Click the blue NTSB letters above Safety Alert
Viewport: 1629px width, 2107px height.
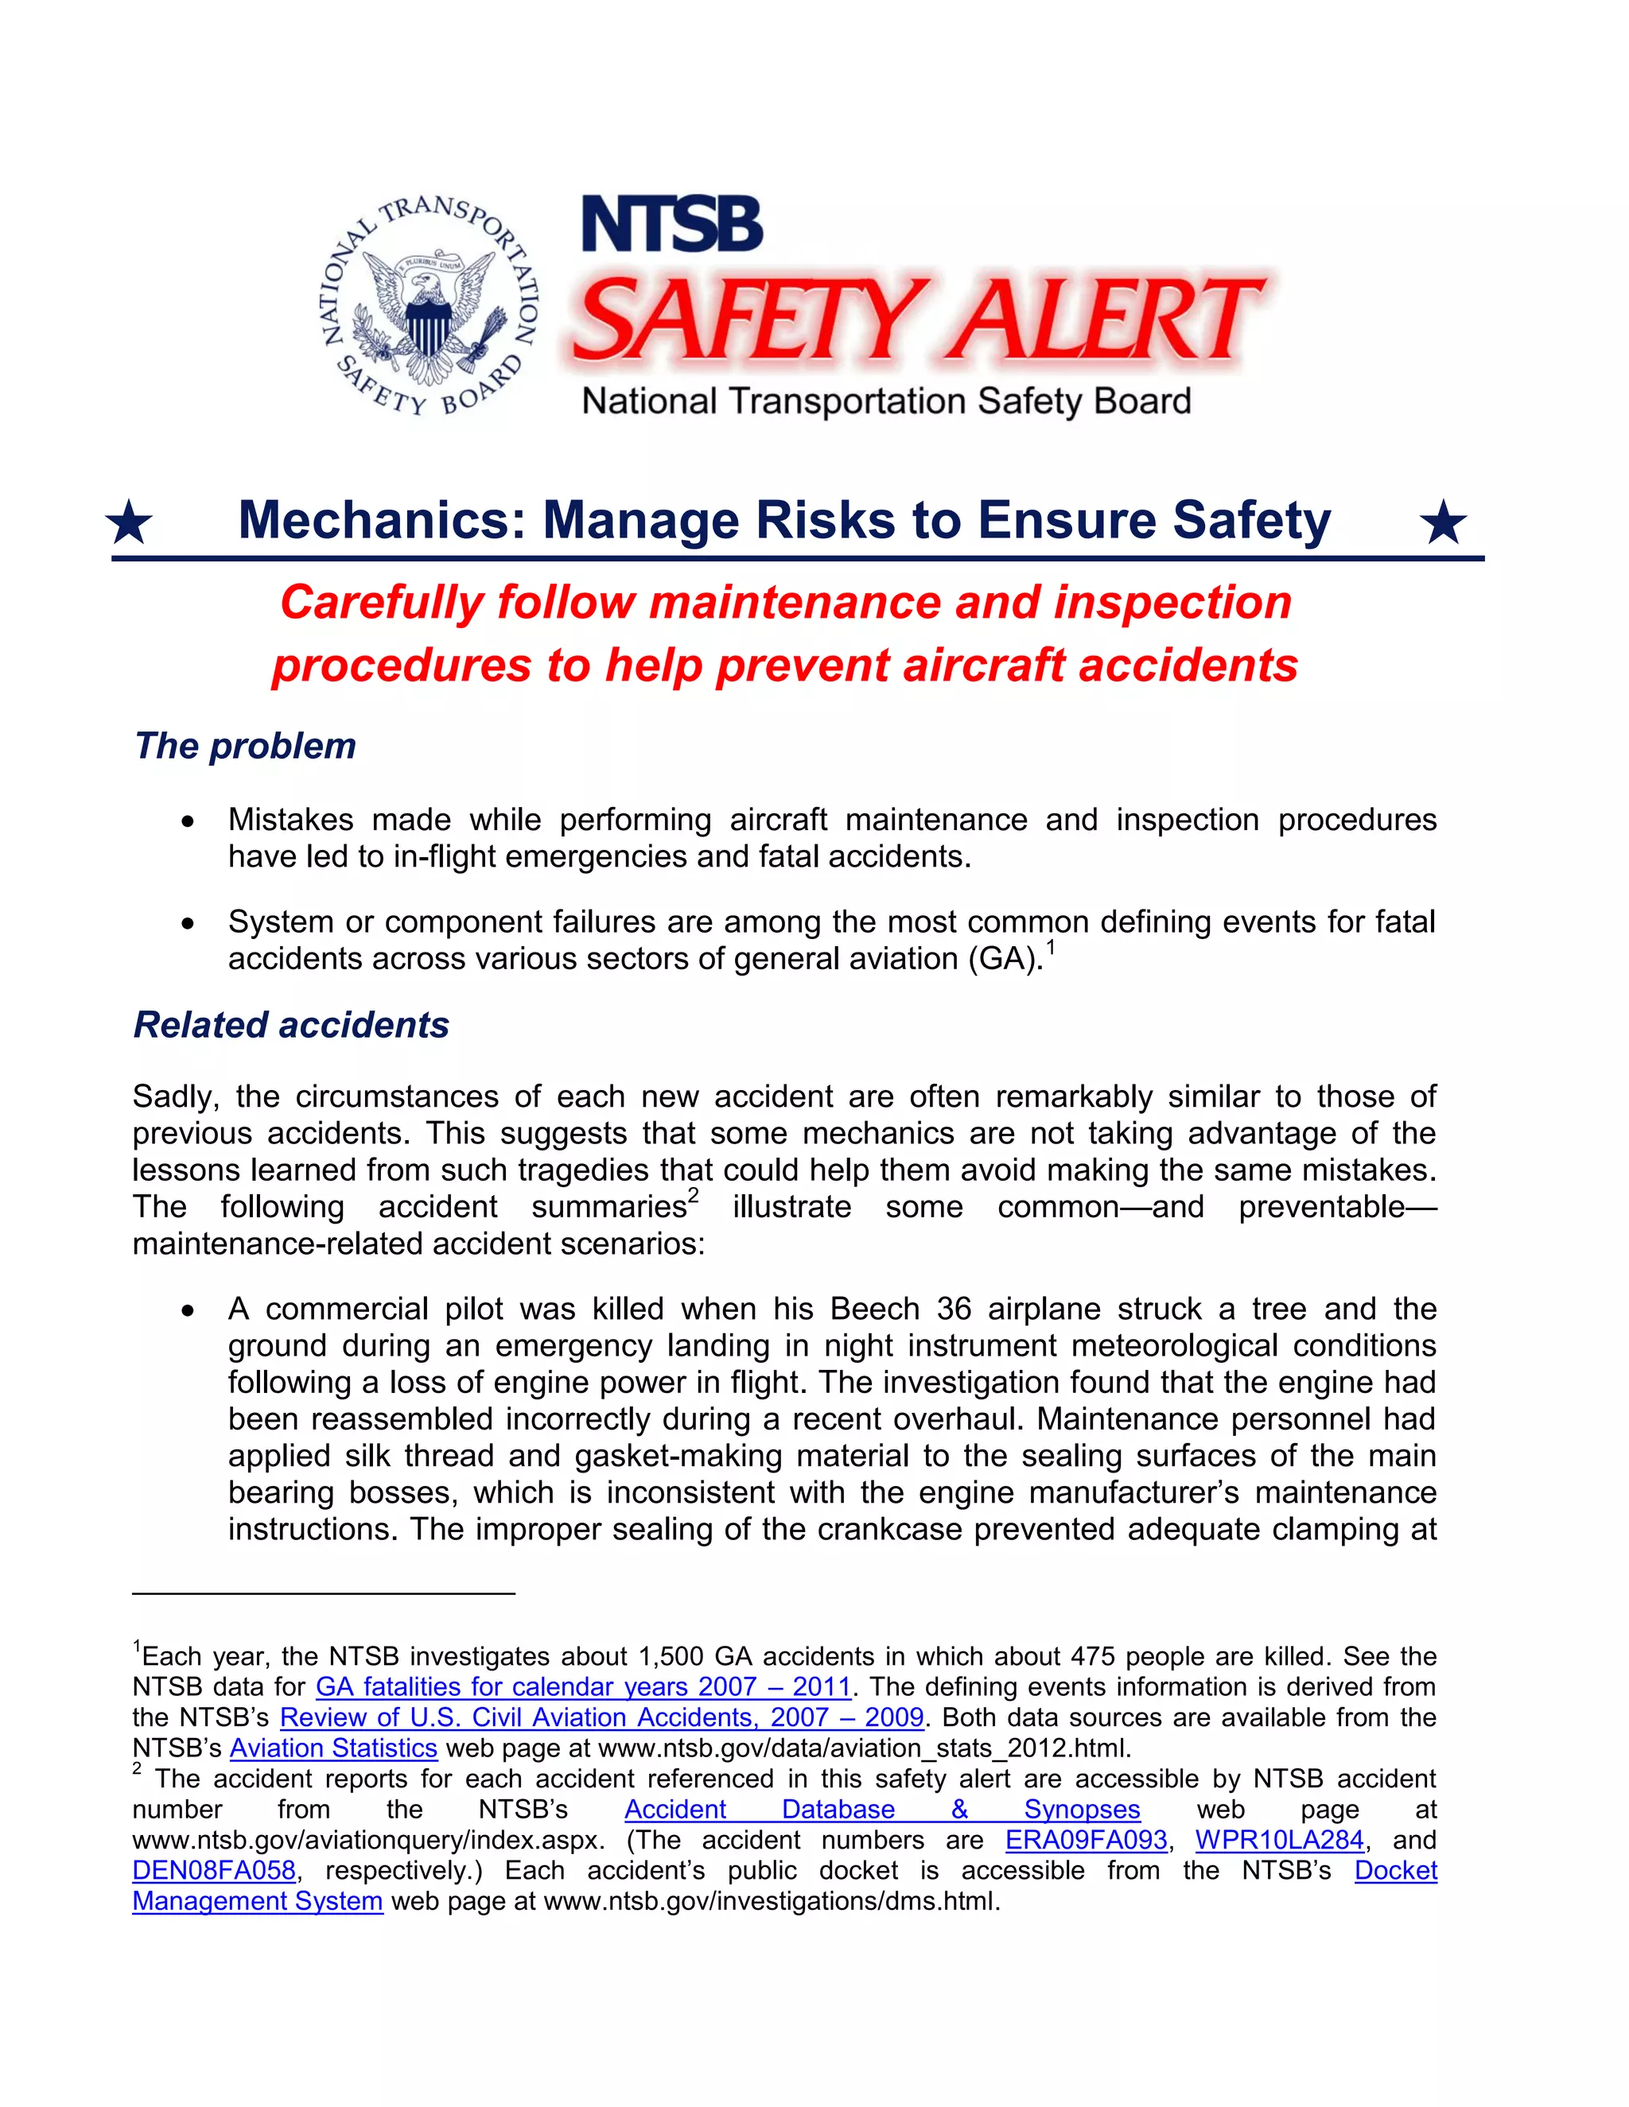pos(671,226)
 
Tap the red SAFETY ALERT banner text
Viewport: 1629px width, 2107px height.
pos(917,318)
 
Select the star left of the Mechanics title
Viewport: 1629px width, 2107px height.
pos(130,523)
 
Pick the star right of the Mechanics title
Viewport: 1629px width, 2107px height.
pos(1444,523)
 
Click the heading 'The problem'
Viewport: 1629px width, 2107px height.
pos(245,746)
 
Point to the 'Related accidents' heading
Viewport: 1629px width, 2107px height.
pos(291,1025)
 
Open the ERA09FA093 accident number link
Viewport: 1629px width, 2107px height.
pos(1086,1840)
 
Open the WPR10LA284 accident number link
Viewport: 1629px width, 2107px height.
pos(1280,1840)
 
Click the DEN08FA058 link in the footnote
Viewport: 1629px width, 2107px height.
pos(214,1871)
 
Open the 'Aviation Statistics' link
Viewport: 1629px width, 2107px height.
pos(334,1748)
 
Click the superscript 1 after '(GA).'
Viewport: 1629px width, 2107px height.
pos(1051,949)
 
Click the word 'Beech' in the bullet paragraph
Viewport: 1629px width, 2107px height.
pos(874,1310)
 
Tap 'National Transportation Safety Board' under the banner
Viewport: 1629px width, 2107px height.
pos(886,402)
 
